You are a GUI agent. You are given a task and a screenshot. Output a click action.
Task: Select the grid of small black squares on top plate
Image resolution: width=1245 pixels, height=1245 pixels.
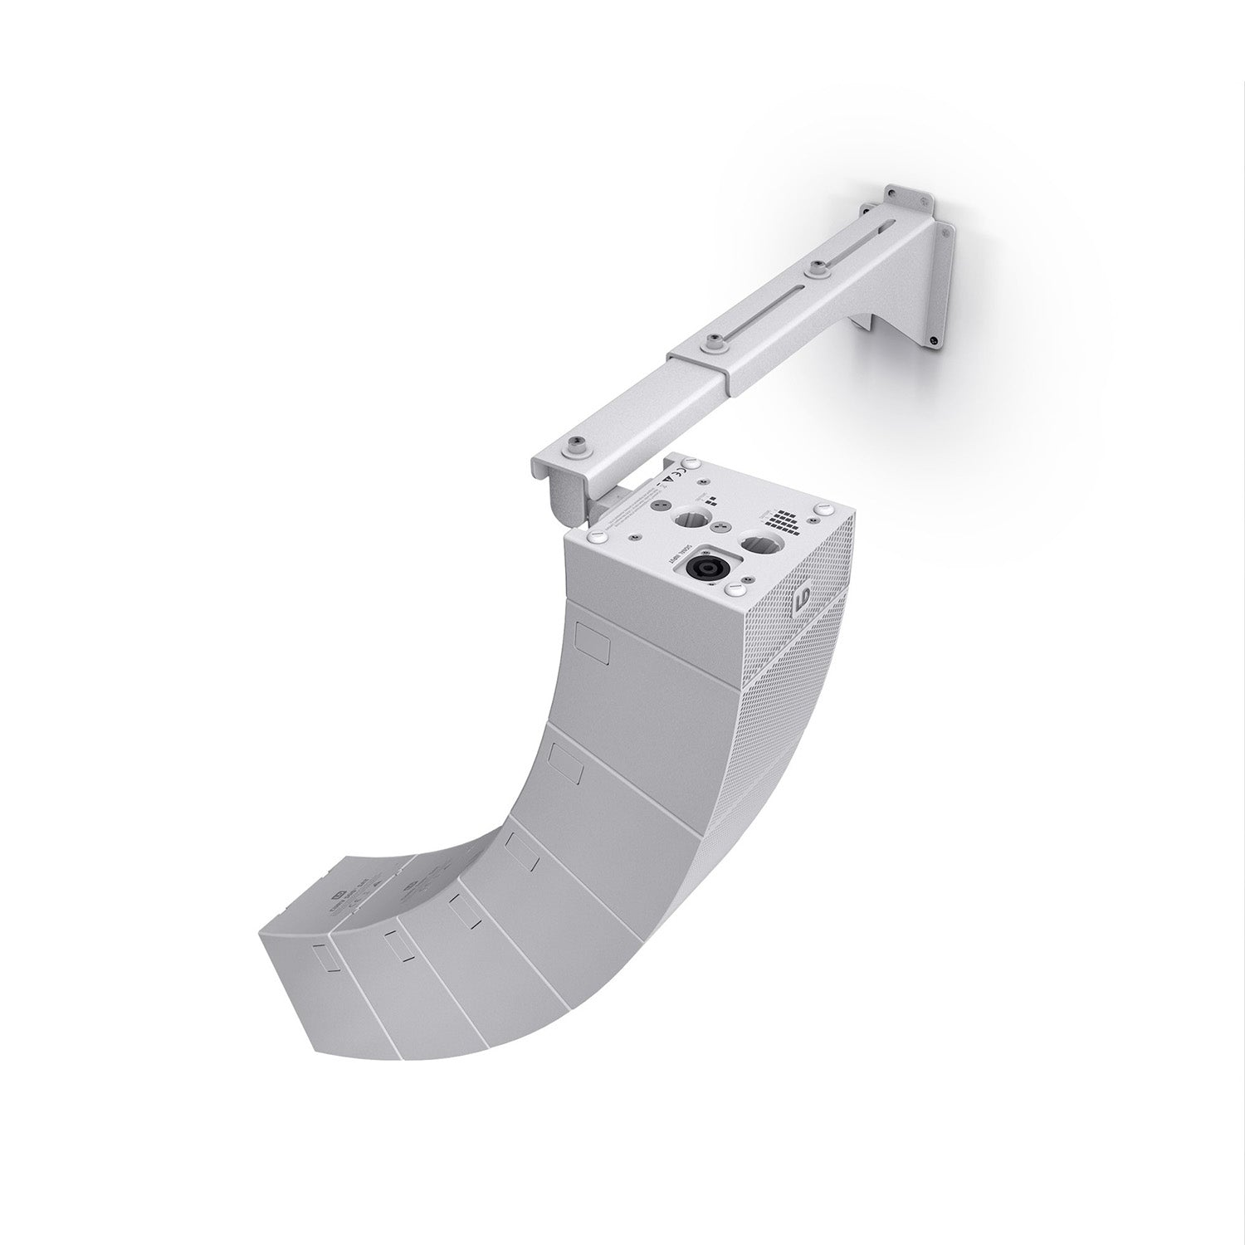[x=780, y=521]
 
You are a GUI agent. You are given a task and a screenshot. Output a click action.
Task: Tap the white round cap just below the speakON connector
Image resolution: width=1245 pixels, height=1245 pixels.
[x=735, y=590]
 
